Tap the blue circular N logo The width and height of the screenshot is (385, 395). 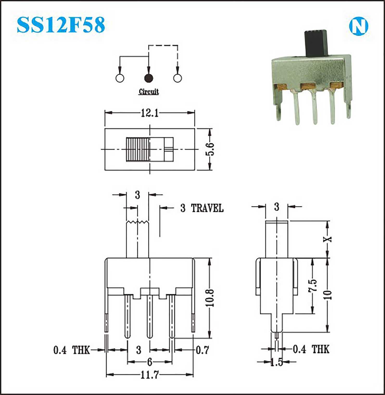(358, 26)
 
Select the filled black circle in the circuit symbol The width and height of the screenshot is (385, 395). (149, 78)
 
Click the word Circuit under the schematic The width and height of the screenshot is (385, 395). (149, 92)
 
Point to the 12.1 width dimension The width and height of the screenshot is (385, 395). (150, 113)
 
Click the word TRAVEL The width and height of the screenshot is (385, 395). (207, 208)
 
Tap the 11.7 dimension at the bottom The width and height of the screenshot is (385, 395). (150, 375)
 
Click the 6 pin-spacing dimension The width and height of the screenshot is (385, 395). (150, 362)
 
